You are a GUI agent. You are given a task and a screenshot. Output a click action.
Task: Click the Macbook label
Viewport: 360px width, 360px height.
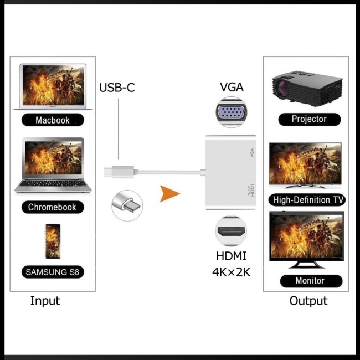[x=53, y=120]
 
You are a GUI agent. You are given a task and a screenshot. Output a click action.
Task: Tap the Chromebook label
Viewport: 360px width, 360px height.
[x=53, y=208]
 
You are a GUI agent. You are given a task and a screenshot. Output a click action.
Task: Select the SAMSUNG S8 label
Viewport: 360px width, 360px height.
[x=53, y=272]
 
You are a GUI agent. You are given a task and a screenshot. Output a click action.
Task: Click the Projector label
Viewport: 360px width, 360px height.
[x=309, y=119]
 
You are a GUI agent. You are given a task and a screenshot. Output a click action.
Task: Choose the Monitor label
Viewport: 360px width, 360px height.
[x=310, y=281]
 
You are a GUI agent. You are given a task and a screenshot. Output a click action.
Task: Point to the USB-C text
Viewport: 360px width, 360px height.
[x=117, y=88]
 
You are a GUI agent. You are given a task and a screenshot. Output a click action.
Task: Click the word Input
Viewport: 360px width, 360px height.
[x=45, y=301]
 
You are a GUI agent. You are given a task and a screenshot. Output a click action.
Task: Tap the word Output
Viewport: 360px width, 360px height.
[x=308, y=301]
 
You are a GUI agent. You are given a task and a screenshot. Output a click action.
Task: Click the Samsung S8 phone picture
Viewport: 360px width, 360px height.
[x=53, y=242]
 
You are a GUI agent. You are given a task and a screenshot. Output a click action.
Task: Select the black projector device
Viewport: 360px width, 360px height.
[x=307, y=88]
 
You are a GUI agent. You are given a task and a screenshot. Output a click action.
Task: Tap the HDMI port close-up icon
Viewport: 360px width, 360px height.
[x=231, y=230]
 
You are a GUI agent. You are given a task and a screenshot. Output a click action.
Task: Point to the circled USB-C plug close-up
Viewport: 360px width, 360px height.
[x=126, y=204]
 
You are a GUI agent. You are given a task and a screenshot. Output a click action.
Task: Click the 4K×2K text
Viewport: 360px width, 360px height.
[x=232, y=271]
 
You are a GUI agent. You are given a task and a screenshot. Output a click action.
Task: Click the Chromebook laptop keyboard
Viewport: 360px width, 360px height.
[x=53, y=182]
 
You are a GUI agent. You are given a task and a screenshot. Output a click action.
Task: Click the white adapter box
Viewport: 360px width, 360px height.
[x=232, y=172]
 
